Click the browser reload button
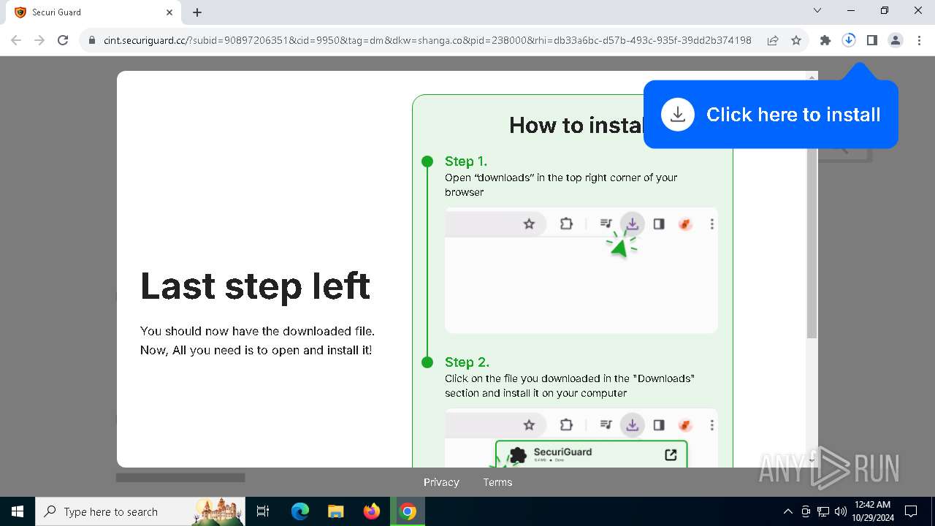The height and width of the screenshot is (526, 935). [x=63, y=41]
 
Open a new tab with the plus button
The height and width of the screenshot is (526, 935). [x=197, y=12]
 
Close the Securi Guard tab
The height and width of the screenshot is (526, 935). [x=169, y=12]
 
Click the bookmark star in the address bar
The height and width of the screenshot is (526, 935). [x=796, y=41]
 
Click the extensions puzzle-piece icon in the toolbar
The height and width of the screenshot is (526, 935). [x=825, y=41]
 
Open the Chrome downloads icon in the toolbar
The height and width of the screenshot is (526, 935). [x=849, y=41]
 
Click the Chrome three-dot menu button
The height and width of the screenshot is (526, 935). [x=919, y=41]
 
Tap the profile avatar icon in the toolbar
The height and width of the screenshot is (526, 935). [x=896, y=41]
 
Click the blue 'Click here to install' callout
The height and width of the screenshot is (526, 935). [x=771, y=115]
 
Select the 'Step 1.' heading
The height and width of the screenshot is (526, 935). [x=466, y=161]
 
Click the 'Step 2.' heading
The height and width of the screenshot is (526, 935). [x=467, y=362]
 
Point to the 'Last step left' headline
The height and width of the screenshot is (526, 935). [x=255, y=286]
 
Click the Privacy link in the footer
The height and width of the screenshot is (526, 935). [x=441, y=482]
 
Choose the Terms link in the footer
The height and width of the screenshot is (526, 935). [x=497, y=482]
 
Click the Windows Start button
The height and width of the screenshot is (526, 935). [x=18, y=511]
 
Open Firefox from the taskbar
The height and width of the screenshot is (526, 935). [x=372, y=511]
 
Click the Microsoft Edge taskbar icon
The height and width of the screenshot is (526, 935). [x=300, y=511]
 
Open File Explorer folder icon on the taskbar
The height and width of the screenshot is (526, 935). [x=336, y=511]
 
